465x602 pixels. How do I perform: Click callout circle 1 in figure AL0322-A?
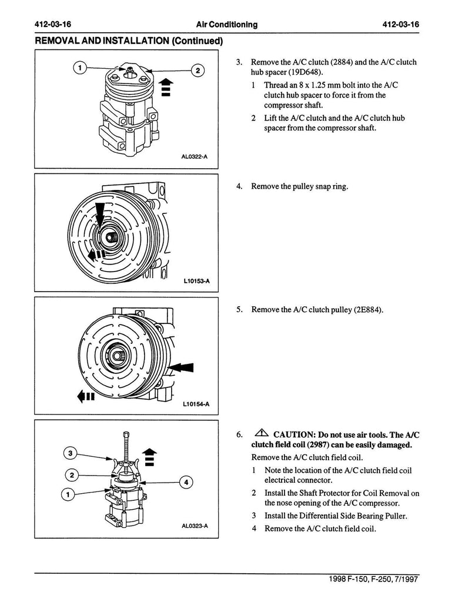point(79,68)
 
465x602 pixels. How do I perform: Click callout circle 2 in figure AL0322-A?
point(198,71)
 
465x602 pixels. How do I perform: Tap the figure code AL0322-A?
point(195,156)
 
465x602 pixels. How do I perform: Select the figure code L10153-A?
point(196,281)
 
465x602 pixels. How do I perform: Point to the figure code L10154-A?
point(196,404)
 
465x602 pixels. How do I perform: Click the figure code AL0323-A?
point(195,526)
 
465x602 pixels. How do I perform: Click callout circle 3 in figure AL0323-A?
point(71,453)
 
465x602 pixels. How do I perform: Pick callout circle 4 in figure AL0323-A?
point(186,482)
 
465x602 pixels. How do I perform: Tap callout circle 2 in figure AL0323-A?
point(72,475)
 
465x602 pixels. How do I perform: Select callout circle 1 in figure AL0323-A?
point(68,494)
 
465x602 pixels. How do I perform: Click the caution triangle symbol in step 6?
point(261,434)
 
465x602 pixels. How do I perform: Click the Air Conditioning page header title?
point(227,25)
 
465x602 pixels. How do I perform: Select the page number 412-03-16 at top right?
point(400,25)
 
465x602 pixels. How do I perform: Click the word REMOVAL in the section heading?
point(57,41)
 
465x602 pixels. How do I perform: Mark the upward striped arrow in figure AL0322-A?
point(166,86)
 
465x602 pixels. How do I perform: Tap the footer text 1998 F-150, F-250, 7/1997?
point(373,579)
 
